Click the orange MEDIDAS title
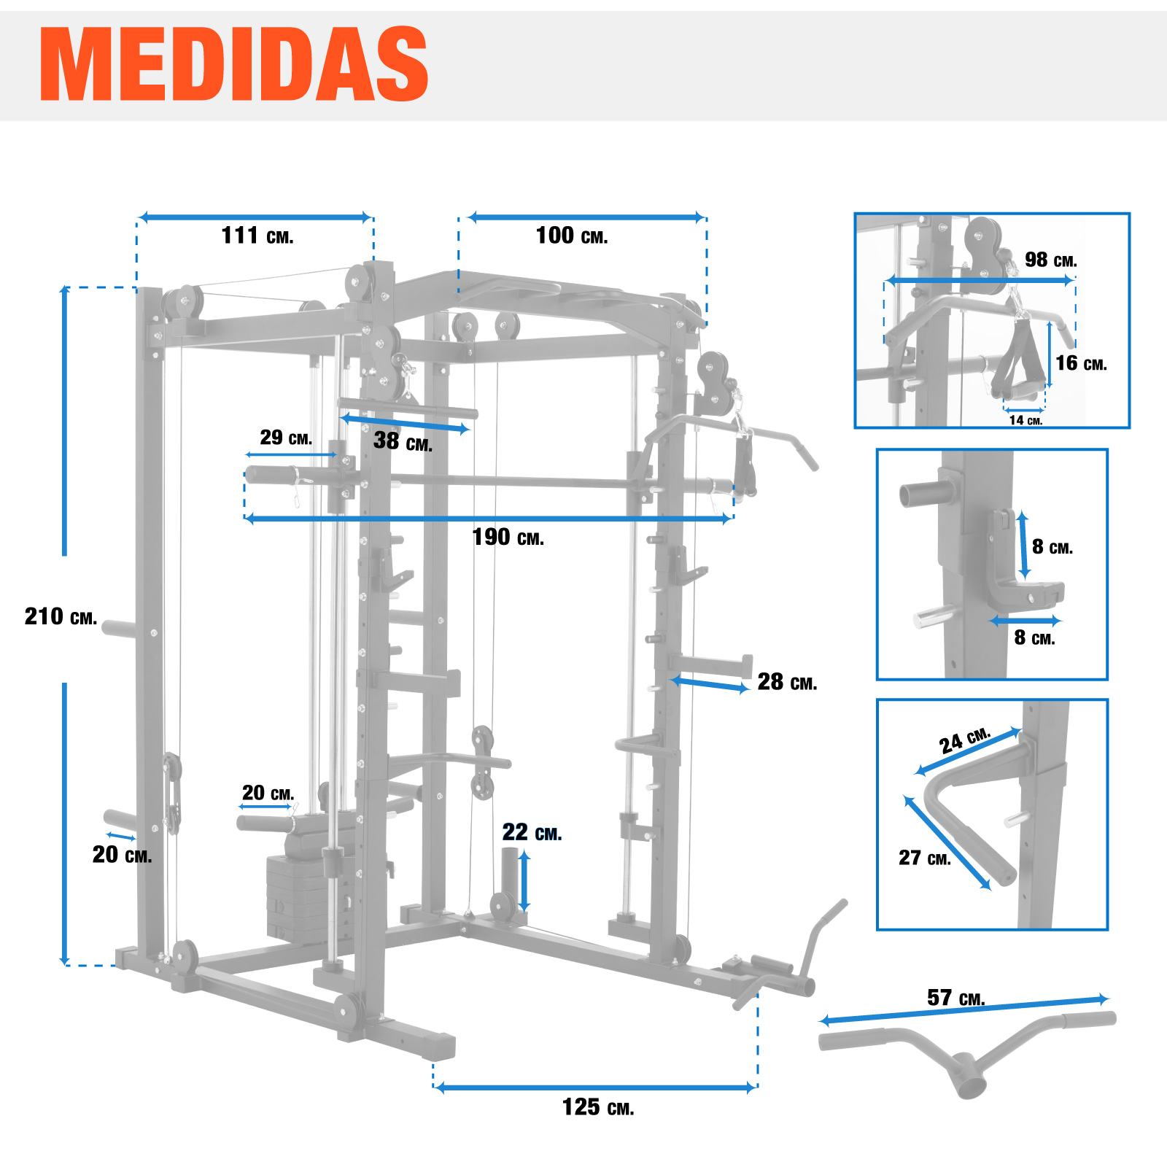(233, 64)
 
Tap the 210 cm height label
(61, 617)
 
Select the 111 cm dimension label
(257, 236)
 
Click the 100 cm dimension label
(571, 236)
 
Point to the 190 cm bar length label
(508, 538)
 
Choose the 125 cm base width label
(597, 1107)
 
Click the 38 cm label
(403, 441)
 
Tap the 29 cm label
(286, 438)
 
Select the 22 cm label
(532, 832)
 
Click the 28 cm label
(787, 682)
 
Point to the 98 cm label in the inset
(1050, 260)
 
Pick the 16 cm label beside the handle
(1081, 363)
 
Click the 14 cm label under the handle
(1026, 420)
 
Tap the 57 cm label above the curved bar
(955, 997)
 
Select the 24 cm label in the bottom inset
(964, 740)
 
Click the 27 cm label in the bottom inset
(924, 858)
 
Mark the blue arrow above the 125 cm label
(595, 1087)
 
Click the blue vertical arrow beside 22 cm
(524, 881)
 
